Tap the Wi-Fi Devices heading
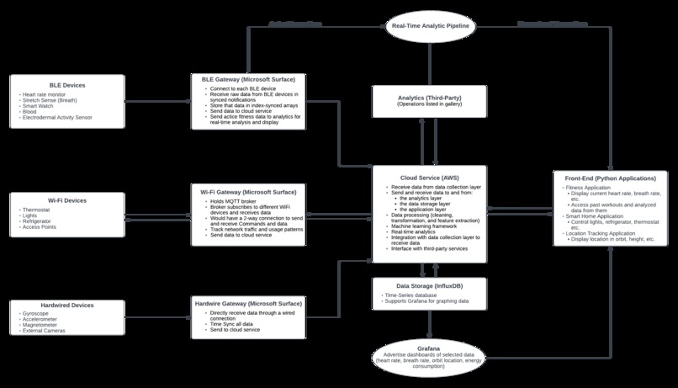click(x=66, y=200)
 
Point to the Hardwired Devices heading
click(x=66, y=306)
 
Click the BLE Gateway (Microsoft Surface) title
click(x=247, y=78)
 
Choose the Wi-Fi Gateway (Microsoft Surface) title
click(x=247, y=192)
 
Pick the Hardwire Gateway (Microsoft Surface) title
click(x=247, y=301)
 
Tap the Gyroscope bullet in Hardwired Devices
click(x=38, y=313)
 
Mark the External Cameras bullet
click(x=44, y=331)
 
